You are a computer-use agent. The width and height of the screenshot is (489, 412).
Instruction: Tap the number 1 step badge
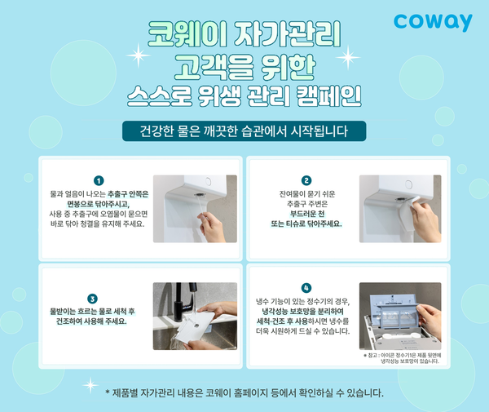99,180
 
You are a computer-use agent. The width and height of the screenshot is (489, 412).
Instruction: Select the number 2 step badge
306,180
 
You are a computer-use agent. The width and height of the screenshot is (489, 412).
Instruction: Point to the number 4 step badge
306,288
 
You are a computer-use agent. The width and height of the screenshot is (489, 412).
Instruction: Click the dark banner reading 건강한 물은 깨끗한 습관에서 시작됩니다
244,131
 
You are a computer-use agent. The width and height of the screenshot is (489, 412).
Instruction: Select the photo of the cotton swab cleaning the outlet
195,208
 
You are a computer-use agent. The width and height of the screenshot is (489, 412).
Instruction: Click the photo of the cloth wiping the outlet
400,208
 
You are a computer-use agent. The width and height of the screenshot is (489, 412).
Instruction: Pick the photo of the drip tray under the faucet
195,317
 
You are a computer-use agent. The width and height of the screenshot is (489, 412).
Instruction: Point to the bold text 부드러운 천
306,214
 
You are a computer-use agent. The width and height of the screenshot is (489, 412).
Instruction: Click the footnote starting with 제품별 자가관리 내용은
244,392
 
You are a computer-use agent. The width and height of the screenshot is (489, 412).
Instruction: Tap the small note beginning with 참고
402,358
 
